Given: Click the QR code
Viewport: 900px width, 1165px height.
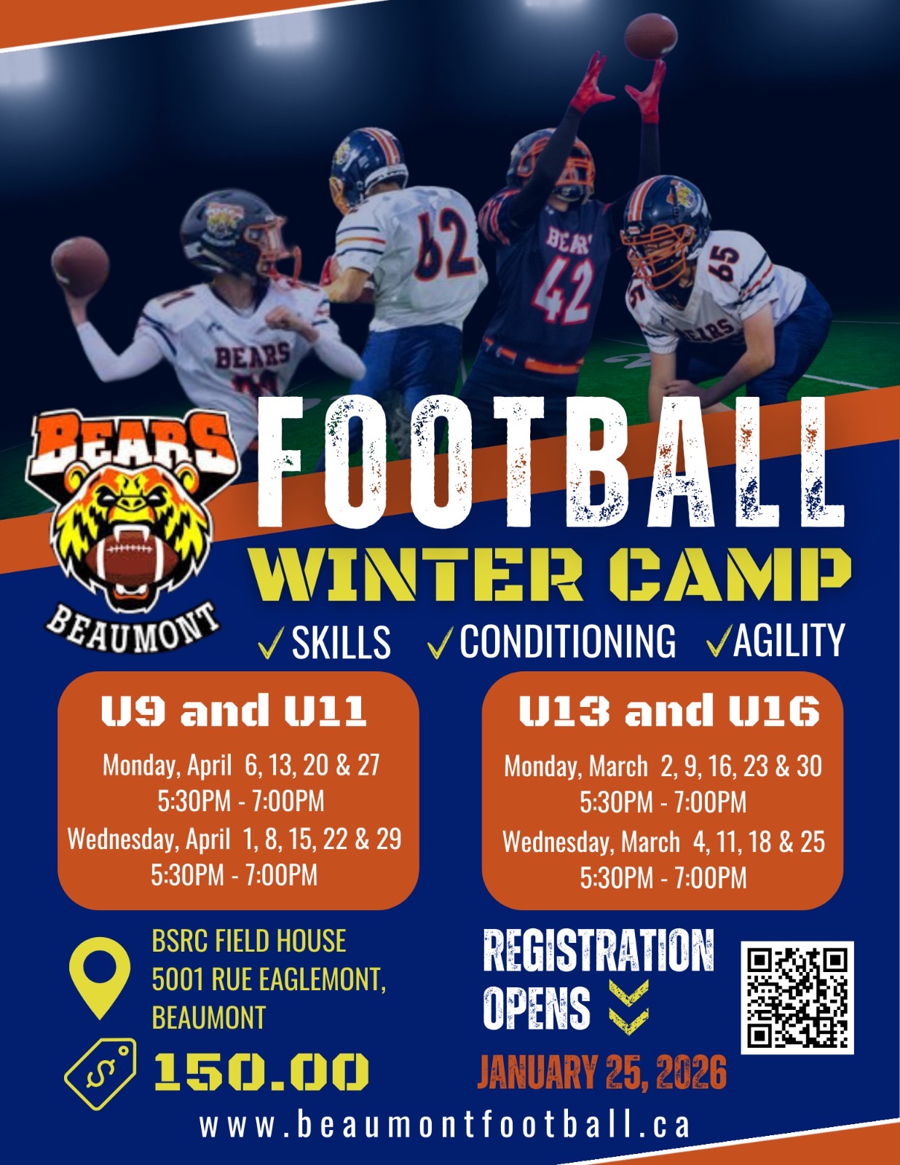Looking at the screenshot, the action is click(797, 998).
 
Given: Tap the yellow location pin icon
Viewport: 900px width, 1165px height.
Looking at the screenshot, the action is click(100, 977).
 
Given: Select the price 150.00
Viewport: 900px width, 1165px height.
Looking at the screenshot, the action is click(261, 1073).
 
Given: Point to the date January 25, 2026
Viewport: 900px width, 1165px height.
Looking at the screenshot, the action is click(602, 1073).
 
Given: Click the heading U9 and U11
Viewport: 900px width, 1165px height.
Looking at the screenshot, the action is click(234, 711).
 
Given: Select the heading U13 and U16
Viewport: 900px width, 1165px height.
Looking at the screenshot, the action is click(669, 711).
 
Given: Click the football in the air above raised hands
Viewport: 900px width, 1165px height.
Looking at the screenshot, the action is click(651, 36).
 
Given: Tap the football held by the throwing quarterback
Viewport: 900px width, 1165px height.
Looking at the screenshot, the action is click(80, 266).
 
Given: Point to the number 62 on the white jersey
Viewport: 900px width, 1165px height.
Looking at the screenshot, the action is click(446, 245).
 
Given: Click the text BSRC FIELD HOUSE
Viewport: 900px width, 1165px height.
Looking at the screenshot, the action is click(249, 941).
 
